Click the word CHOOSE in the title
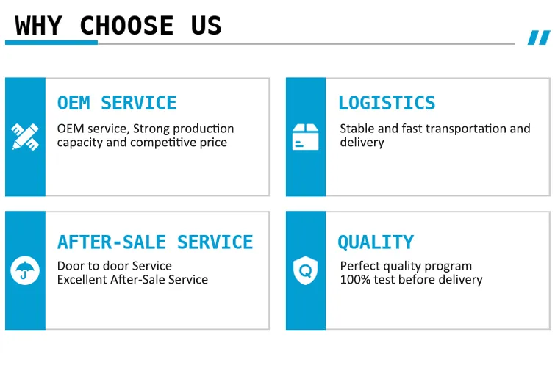click(126, 26)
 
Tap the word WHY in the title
click(38, 26)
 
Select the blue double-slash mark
click(539, 37)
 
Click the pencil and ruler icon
click(25, 137)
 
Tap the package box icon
click(306, 137)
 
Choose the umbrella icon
click(25, 270)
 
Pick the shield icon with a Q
click(306, 270)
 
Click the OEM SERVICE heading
click(117, 103)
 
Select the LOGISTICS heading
click(387, 103)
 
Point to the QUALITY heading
click(376, 242)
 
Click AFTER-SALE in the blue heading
click(112, 242)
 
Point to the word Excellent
click(82, 280)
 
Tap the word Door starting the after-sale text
click(68, 266)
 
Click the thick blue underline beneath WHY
click(51, 43)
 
